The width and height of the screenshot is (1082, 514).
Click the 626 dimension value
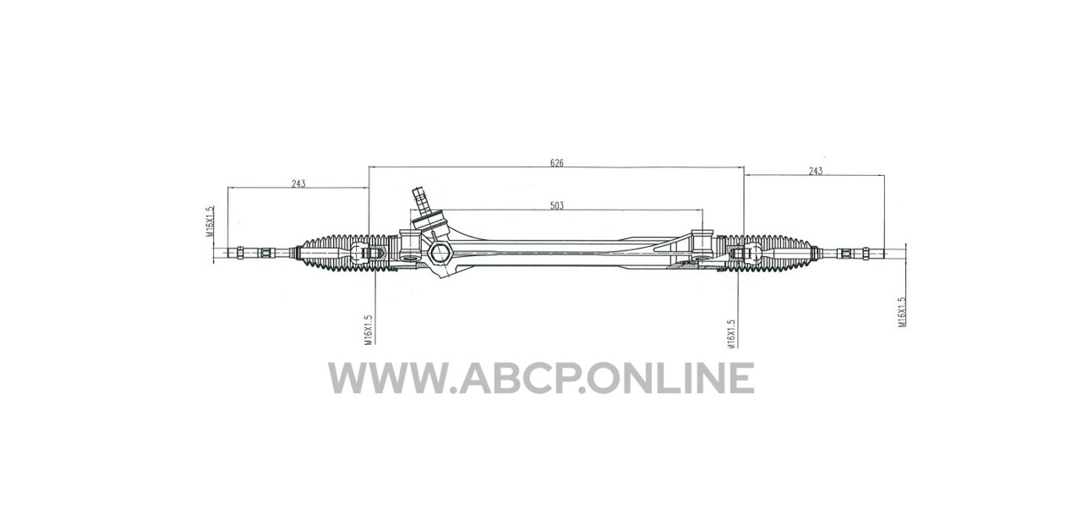pos(557,163)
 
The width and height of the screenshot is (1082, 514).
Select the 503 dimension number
pos(557,205)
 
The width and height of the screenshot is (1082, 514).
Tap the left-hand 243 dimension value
pos(298,183)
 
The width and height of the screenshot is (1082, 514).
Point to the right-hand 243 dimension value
pos(816,171)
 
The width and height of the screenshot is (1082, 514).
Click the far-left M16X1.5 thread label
pos(209,221)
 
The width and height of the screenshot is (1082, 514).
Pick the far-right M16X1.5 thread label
pos(901,312)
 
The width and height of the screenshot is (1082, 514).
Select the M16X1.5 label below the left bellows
pos(368,330)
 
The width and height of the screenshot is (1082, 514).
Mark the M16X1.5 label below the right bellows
pos(730,333)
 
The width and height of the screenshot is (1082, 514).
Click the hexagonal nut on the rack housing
pos(439,253)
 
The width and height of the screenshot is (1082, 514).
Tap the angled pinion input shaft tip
pos(418,192)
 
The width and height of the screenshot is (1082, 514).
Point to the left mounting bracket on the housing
pos(410,248)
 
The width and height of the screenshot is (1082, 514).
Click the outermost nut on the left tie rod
pos(240,253)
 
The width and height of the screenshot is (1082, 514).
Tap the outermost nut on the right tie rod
pos(866,253)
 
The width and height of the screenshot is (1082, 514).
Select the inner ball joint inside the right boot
pos(754,252)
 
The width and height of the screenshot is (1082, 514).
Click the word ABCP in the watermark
pos(521,378)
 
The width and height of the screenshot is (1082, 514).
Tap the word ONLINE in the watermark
pos(670,378)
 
